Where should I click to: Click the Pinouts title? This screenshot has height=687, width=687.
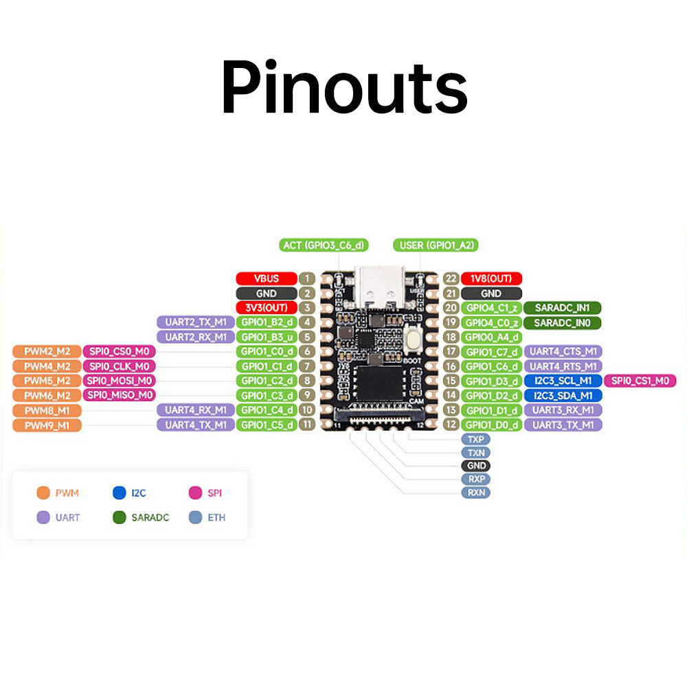point(343,88)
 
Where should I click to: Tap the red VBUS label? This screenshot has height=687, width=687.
point(266,278)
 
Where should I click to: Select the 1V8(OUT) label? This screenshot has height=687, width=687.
point(491,278)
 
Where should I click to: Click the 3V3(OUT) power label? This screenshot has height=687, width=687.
point(266,308)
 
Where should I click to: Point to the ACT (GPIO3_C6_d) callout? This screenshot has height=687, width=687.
point(324,245)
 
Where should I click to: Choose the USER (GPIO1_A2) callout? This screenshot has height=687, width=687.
point(436,245)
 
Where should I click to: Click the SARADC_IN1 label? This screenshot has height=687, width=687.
point(562,308)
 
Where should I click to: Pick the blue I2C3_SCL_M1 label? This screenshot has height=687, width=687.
point(563,381)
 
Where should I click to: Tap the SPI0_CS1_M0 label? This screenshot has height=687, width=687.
point(640,381)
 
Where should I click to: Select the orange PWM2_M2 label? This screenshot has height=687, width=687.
point(47,352)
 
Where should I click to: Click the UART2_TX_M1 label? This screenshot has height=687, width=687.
point(195,322)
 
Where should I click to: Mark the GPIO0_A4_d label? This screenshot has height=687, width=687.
point(491,337)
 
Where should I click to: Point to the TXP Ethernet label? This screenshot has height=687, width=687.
point(475,439)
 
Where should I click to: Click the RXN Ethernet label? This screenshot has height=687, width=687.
point(475,493)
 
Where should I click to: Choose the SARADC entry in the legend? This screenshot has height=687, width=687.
point(141,517)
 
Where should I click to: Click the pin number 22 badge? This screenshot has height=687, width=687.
point(451,278)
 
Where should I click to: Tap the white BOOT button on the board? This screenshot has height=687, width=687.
point(414,339)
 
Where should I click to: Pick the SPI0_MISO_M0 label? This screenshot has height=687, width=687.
point(119,395)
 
